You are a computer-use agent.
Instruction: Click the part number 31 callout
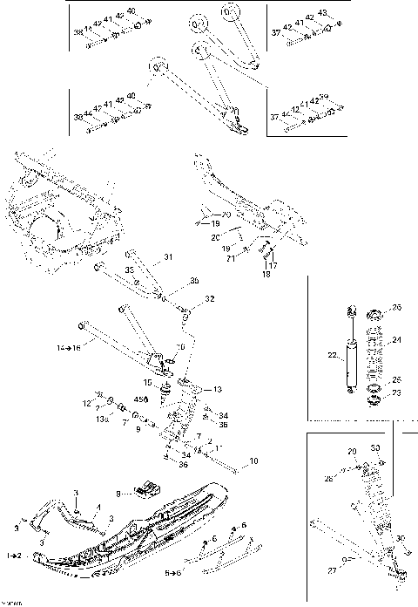(169, 257)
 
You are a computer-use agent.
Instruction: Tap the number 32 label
(209, 299)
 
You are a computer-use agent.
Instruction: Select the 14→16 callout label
(69, 347)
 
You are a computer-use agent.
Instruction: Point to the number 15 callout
(148, 382)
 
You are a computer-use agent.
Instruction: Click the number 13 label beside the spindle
(218, 389)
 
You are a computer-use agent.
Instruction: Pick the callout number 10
(253, 460)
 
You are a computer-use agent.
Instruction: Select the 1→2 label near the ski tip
(14, 555)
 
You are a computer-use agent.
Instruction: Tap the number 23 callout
(398, 392)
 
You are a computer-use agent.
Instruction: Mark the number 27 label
(332, 570)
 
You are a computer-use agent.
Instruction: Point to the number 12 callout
(87, 403)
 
